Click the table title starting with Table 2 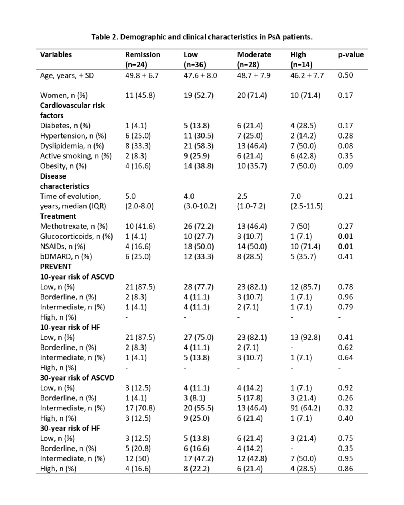click(x=202, y=37)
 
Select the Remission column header click(x=142, y=55)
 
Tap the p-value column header click(x=351, y=55)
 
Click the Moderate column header click(x=254, y=55)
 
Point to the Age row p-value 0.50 click(x=345, y=75)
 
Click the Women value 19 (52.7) click(x=198, y=95)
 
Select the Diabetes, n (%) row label click(x=65, y=126)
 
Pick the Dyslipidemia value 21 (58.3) click(x=198, y=146)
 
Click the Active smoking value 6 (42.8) click(x=303, y=156)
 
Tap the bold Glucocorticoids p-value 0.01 click(x=345, y=236)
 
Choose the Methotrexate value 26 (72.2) click(x=198, y=226)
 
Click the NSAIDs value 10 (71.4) click(x=305, y=246)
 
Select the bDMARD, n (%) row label click(x=66, y=256)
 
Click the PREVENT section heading click(x=56, y=267)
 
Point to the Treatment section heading click(x=58, y=216)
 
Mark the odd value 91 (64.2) click(x=305, y=408)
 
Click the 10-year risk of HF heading click(x=70, y=327)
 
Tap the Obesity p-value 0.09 click(x=345, y=166)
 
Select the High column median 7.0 click(x=295, y=196)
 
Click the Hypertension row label click(x=73, y=136)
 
